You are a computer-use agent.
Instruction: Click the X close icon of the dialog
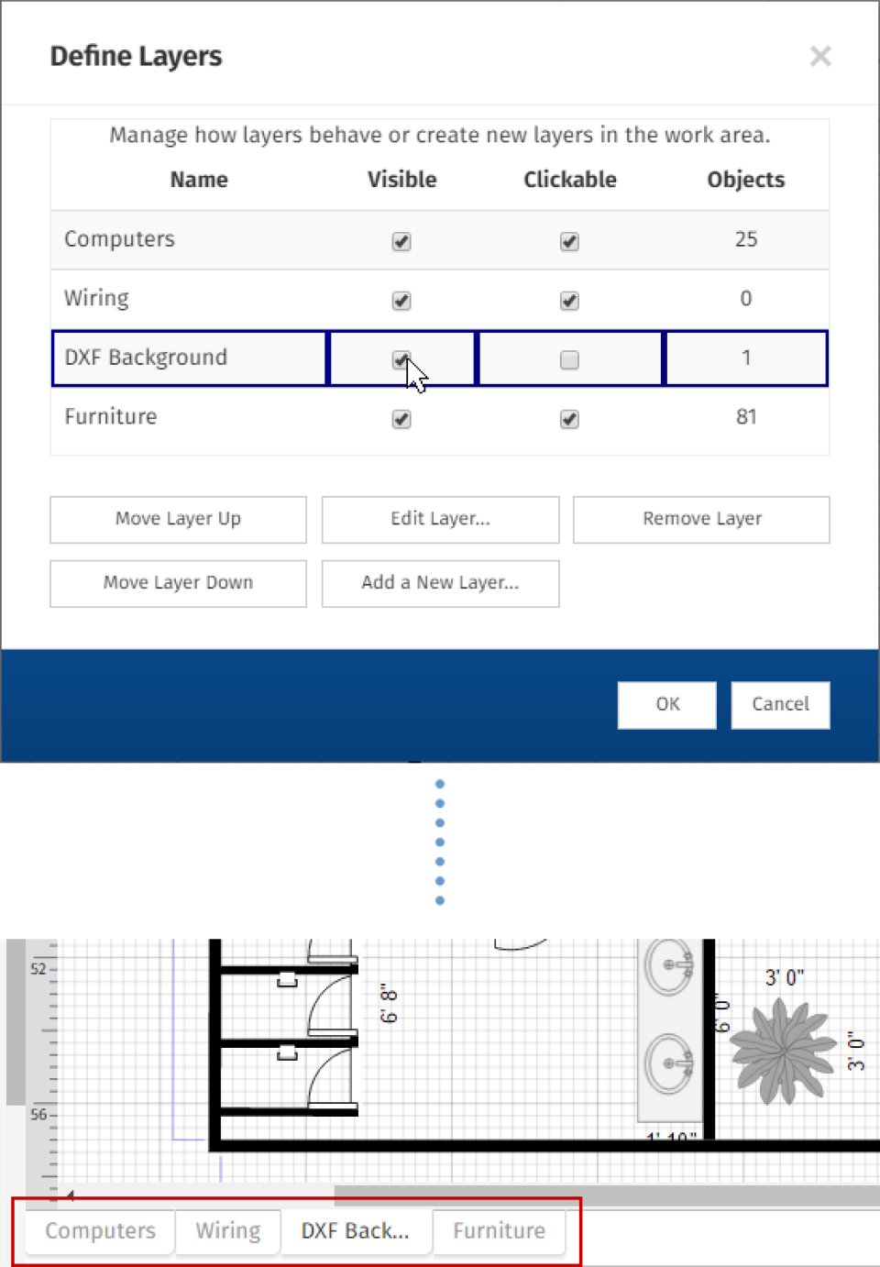pos(820,57)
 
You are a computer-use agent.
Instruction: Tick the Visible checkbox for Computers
pos(401,242)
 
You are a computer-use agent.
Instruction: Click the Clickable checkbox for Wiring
pos(569,301)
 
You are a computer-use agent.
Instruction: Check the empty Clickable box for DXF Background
pos(569,359)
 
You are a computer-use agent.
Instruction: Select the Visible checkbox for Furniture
pos(401,419)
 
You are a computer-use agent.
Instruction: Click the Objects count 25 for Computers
pos(745,240)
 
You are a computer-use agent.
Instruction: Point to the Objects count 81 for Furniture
pos(745,417)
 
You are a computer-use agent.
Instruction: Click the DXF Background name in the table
pos(146,358)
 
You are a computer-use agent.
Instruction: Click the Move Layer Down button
pos(178,583)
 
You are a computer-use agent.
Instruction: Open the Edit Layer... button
pos(440,519)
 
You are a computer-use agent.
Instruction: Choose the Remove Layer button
pos(701,519)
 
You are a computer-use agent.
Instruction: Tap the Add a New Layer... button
pos(440,583)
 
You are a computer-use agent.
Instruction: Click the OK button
pos(666,704)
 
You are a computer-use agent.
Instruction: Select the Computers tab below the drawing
pos(100,1230)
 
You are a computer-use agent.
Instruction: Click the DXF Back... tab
pos(355,1230)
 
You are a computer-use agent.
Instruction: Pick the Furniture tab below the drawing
pos(499,1230)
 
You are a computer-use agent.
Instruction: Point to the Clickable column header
pos(569,180)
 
